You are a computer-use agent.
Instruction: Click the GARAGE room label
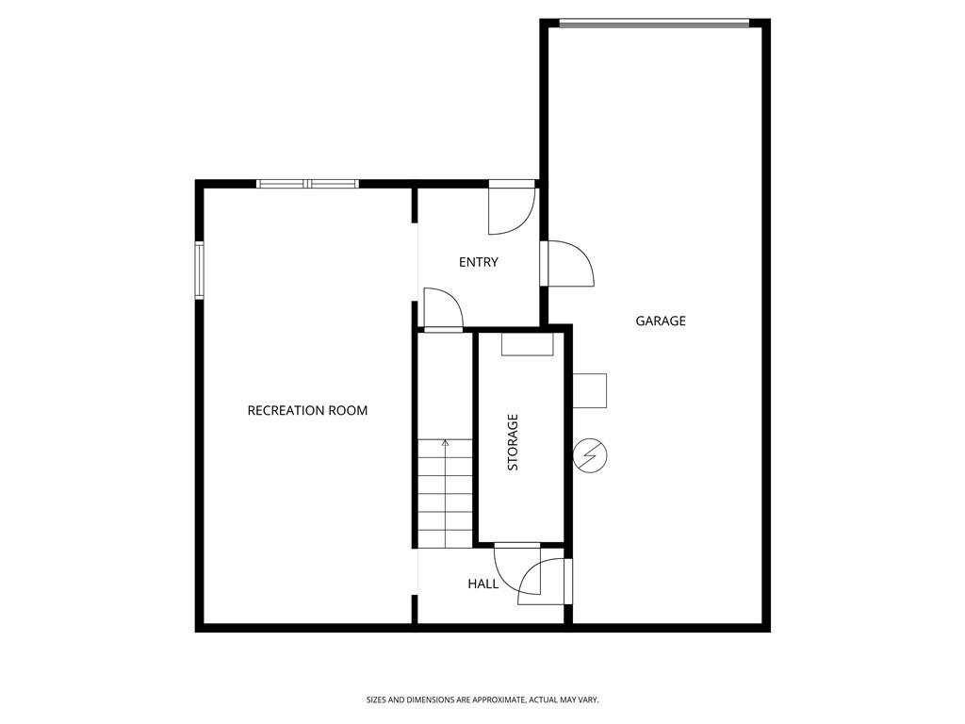pyautogui.click(x=661, y=321)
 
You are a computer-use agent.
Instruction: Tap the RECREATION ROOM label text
pyautogui.click(x=307, y=411)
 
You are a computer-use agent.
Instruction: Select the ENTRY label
pyautogui.click(x=478, y=262)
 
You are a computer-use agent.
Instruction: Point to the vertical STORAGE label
pyautogui.click(x=513, y=442)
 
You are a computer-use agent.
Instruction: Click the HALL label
pyautogui.click(x=483, y=584)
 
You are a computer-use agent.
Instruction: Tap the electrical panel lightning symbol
pyautogui.click(x=590, y=455)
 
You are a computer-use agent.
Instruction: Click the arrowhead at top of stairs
pyautogui.click(x=445, y=442)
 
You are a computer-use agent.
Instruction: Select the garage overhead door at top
pyautogui.click(x=654, y=24)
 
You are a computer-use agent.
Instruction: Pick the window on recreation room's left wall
pyautogui.click(x=200, y=271)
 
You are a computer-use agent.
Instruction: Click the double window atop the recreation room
pyautogui.click(x=307, y=184)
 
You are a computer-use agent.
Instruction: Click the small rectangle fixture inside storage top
pyautogui.click(x=528, y=344)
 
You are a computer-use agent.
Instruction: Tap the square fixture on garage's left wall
pyautogui.click(x=590, y=390)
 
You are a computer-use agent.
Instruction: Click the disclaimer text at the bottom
pyautogui.click(x=482, y=700)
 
